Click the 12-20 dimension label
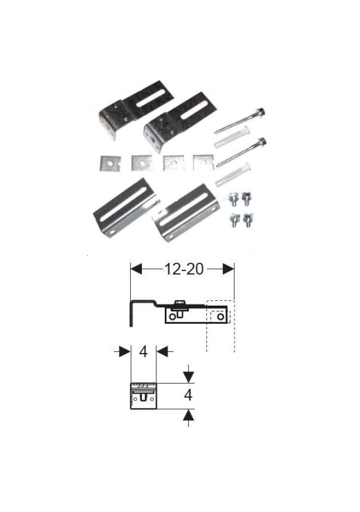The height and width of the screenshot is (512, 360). tap(184, 269)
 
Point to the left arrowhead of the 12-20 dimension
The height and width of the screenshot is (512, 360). tap(136, 269)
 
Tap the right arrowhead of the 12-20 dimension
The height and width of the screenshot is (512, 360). tap(229, 269)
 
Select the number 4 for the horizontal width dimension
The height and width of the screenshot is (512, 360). tap(143, 351)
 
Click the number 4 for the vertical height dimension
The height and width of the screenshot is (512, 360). tap(188, 395)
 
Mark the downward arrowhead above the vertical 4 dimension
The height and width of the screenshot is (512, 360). tap(188, 377)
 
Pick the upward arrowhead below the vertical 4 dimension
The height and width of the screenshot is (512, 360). tap(188, 415)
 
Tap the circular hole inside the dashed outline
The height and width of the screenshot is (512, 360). tap(221, 317)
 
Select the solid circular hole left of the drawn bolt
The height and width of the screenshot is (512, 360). tap(172, 317)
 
